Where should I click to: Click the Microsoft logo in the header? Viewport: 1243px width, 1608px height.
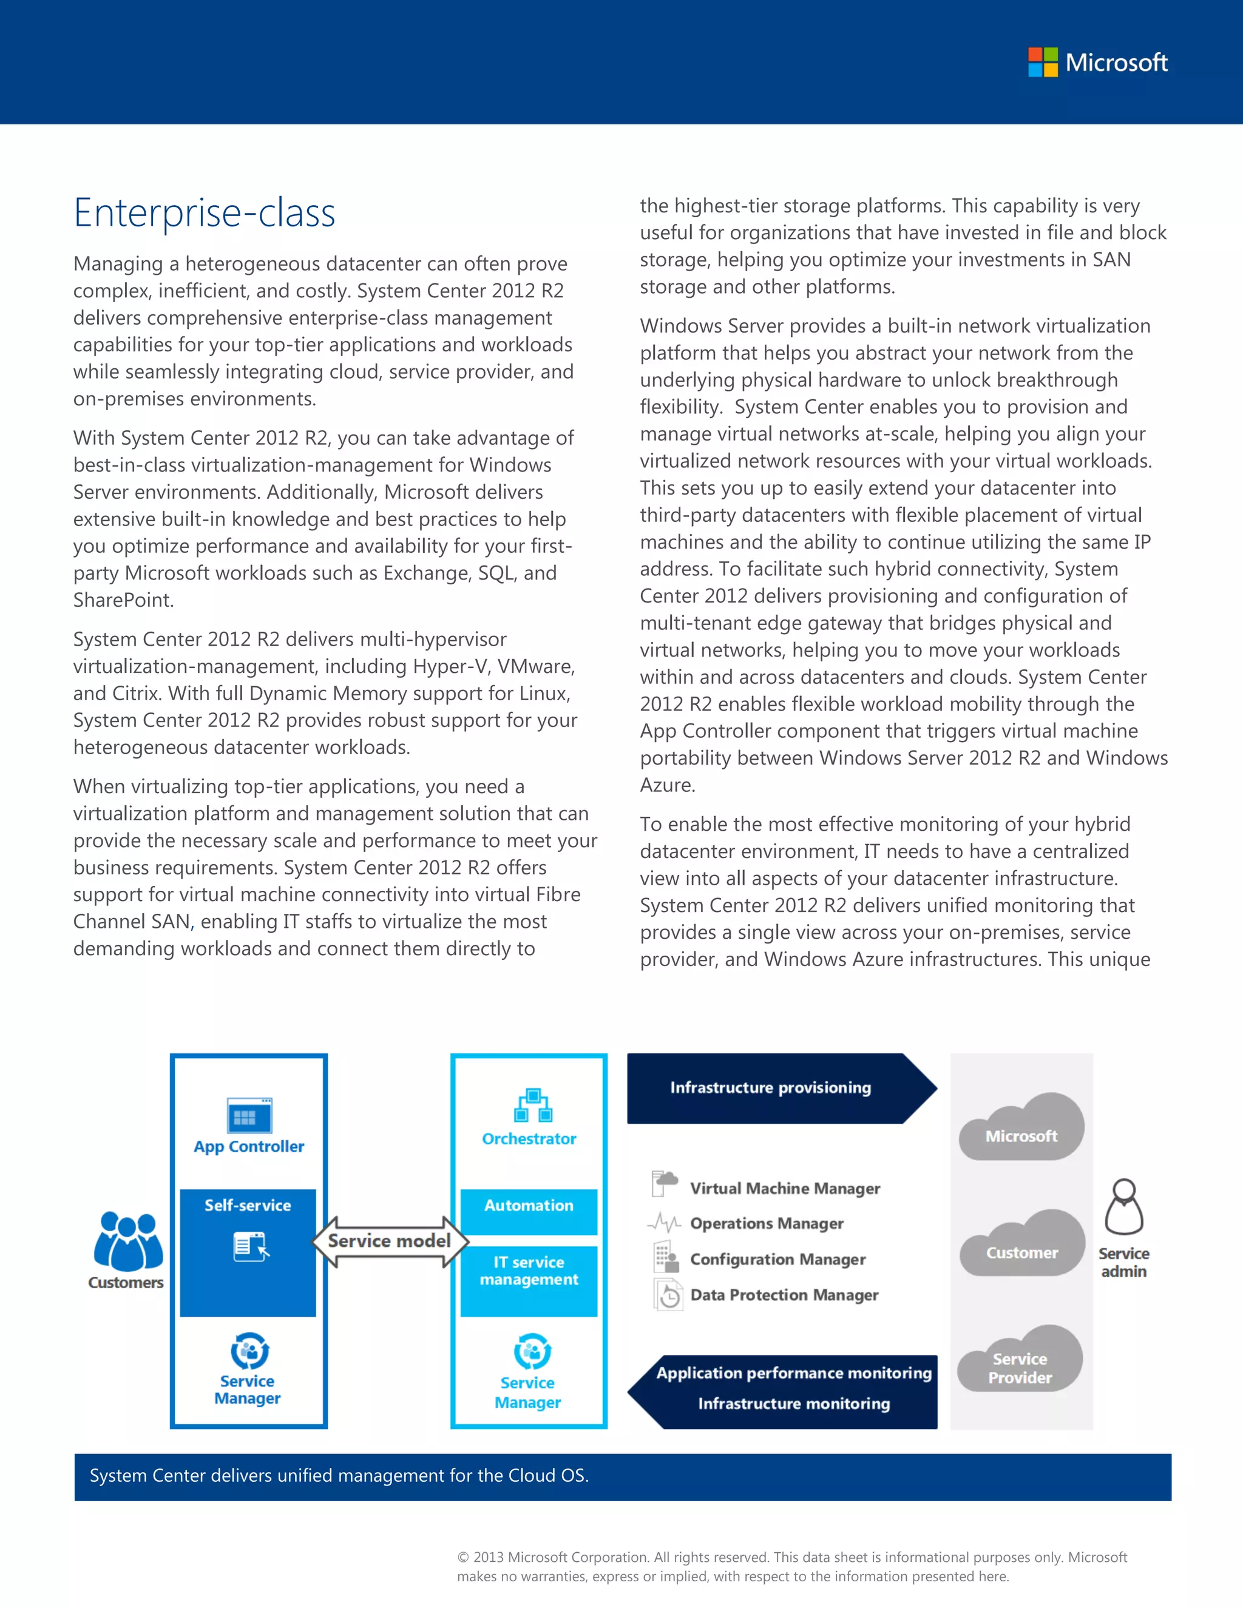tap(1097, 62)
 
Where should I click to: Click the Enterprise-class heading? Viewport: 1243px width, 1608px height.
tap(205, 213)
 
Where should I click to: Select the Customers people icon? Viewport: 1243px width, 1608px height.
tap(128, 1241)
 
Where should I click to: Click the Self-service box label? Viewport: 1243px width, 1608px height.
tap(248, 1205)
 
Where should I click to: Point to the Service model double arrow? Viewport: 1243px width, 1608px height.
tap(390, 1241)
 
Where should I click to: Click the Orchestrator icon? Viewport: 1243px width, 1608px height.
tap(532, 1106)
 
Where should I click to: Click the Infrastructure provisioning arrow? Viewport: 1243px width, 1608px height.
tap(771, 1088)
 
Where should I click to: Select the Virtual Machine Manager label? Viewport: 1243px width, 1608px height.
tap(785, 1188)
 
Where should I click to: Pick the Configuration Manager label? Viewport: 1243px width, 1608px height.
tap(777, 1260)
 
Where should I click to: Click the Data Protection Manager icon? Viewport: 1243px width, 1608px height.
tap(668, 1295)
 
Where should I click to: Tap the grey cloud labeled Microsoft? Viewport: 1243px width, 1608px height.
tap(1021, 1129)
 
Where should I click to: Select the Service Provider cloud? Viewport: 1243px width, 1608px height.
tap(1020, 1362)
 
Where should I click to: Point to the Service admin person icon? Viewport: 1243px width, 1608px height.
tap(1123, 1208)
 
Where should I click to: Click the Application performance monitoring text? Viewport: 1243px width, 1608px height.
tap(794, 1373)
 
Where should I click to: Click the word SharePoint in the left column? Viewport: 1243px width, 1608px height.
tap(122, 601)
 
